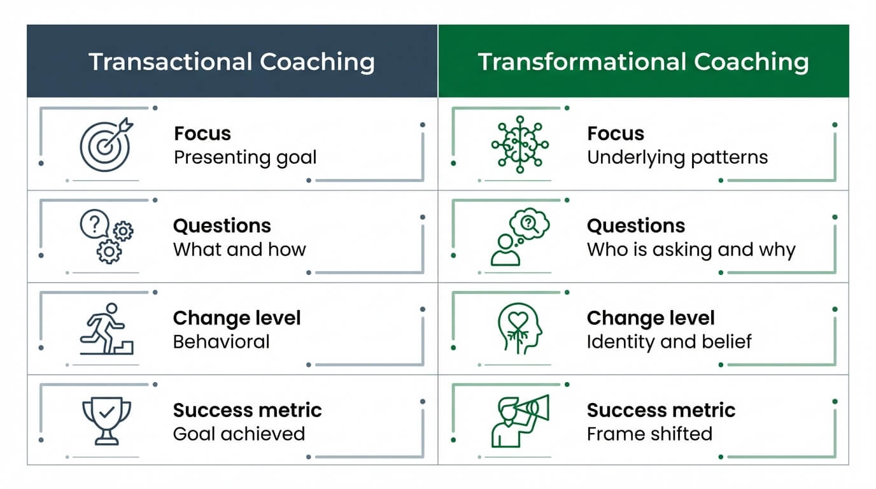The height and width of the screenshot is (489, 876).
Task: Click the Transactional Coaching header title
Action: (232, 62)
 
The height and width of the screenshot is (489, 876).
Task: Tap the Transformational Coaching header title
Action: (643, 62)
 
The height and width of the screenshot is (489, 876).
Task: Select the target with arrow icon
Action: (106, 144)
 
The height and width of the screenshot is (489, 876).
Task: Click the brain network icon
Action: (519, 145)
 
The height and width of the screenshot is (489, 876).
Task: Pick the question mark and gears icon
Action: (106, 237)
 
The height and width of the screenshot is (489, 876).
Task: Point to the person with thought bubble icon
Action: (519, 237)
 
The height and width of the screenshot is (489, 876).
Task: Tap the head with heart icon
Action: (519, 329)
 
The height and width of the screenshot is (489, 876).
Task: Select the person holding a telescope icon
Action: (519, 420)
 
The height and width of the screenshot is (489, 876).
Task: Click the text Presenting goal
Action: (245, 157)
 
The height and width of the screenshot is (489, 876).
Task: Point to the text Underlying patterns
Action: (677, 157)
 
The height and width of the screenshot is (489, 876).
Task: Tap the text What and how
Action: (239, 250)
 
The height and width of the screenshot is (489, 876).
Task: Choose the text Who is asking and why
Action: (691, 250)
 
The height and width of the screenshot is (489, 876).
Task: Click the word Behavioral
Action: (222, 342)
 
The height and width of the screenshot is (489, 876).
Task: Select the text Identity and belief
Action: (669, 342)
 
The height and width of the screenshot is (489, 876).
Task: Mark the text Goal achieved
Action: (239, 434)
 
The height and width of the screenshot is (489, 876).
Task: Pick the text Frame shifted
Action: (649, 434)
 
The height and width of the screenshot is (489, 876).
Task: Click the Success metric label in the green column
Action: (661, 410)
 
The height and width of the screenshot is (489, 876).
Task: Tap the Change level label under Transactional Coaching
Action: (237, 318)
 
